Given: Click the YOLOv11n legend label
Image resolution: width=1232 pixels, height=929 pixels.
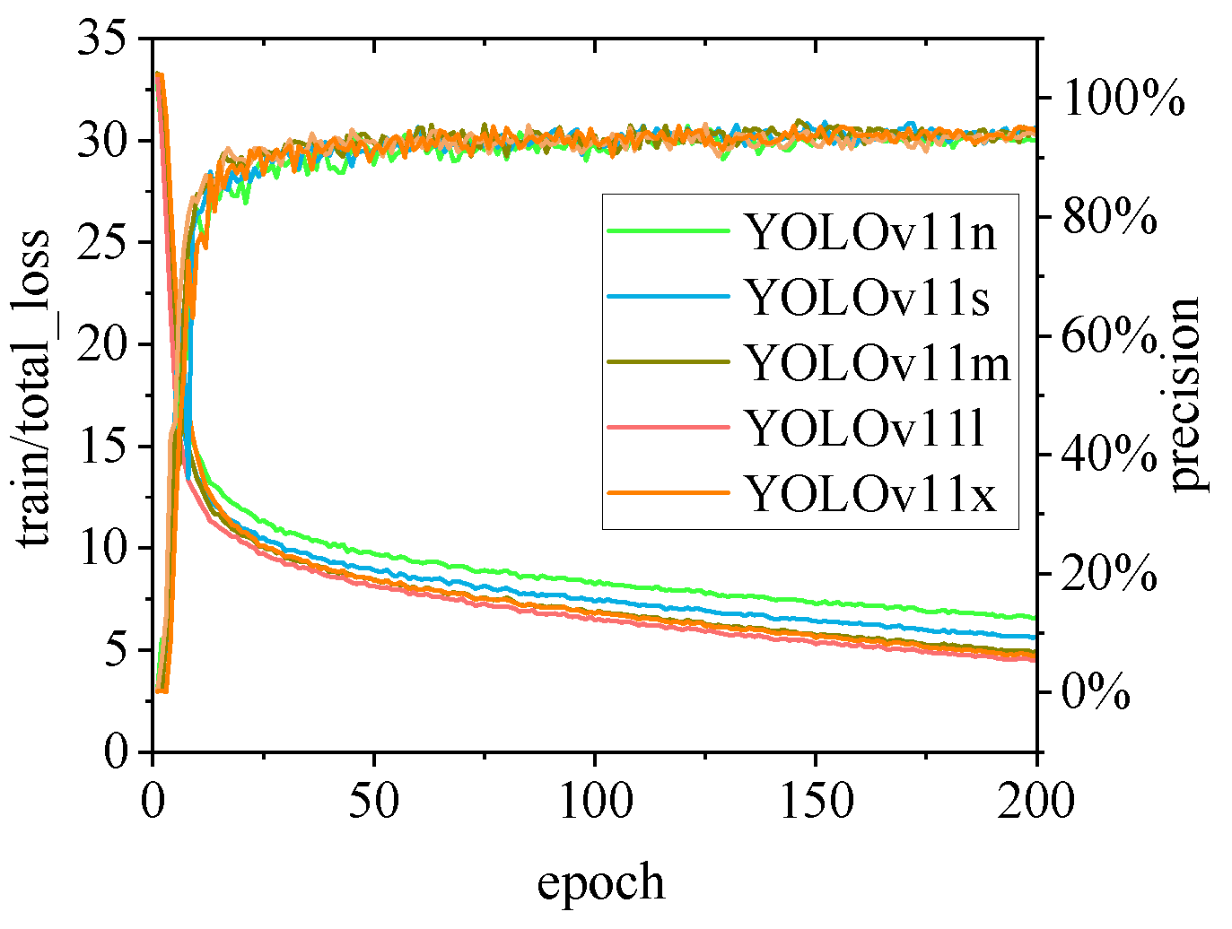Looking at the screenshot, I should [x=870, y=232].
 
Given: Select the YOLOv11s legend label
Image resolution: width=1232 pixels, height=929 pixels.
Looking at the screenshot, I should [x=868, y=298].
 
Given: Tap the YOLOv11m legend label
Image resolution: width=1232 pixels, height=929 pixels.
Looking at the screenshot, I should [x=878, y=363].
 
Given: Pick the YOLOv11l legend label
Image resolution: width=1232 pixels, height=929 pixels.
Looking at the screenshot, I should [x=865, y=429].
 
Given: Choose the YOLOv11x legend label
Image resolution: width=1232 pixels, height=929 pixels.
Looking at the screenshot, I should [x=870, y=494].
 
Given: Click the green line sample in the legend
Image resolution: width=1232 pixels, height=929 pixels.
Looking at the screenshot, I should [x=668, y=230].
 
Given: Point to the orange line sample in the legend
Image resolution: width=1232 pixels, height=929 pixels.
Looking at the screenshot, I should [x=668, y=492].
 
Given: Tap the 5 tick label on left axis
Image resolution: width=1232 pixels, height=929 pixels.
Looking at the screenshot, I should [x=115, y=649].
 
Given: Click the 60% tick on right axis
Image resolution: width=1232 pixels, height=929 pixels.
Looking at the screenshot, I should [x=1110, y=337].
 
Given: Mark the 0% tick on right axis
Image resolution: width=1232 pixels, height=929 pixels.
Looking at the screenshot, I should [x=1097, y=692].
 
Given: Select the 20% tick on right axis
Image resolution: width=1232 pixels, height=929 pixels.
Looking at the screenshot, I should [x=1110, y=574].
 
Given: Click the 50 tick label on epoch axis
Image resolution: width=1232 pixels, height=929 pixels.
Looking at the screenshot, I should [x=373, y=801].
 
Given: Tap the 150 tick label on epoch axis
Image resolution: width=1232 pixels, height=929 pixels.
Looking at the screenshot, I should [x=816, y=801].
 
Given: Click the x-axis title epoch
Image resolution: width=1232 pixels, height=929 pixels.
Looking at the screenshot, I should [x=600, y=882].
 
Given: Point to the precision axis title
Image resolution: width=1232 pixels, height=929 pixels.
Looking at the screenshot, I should [x=1184, y=395].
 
